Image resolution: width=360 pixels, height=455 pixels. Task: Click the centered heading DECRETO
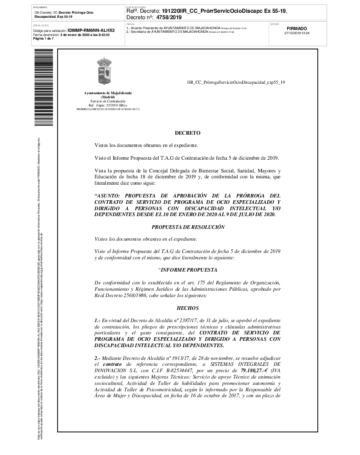click(x=187, y=133)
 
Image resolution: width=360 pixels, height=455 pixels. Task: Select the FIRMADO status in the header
click(x=297, y=28)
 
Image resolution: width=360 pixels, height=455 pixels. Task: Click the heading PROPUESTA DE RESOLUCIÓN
click(x=187, y=227)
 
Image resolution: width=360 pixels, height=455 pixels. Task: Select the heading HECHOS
click(x=187, y=308)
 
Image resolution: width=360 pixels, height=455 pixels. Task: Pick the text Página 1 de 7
click(x=44, y=39)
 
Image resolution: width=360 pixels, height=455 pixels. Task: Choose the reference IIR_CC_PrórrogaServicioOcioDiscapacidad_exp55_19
click(x=236, y=82)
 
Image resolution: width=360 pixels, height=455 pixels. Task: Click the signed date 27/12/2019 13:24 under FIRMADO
click(x=297, y=33)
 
